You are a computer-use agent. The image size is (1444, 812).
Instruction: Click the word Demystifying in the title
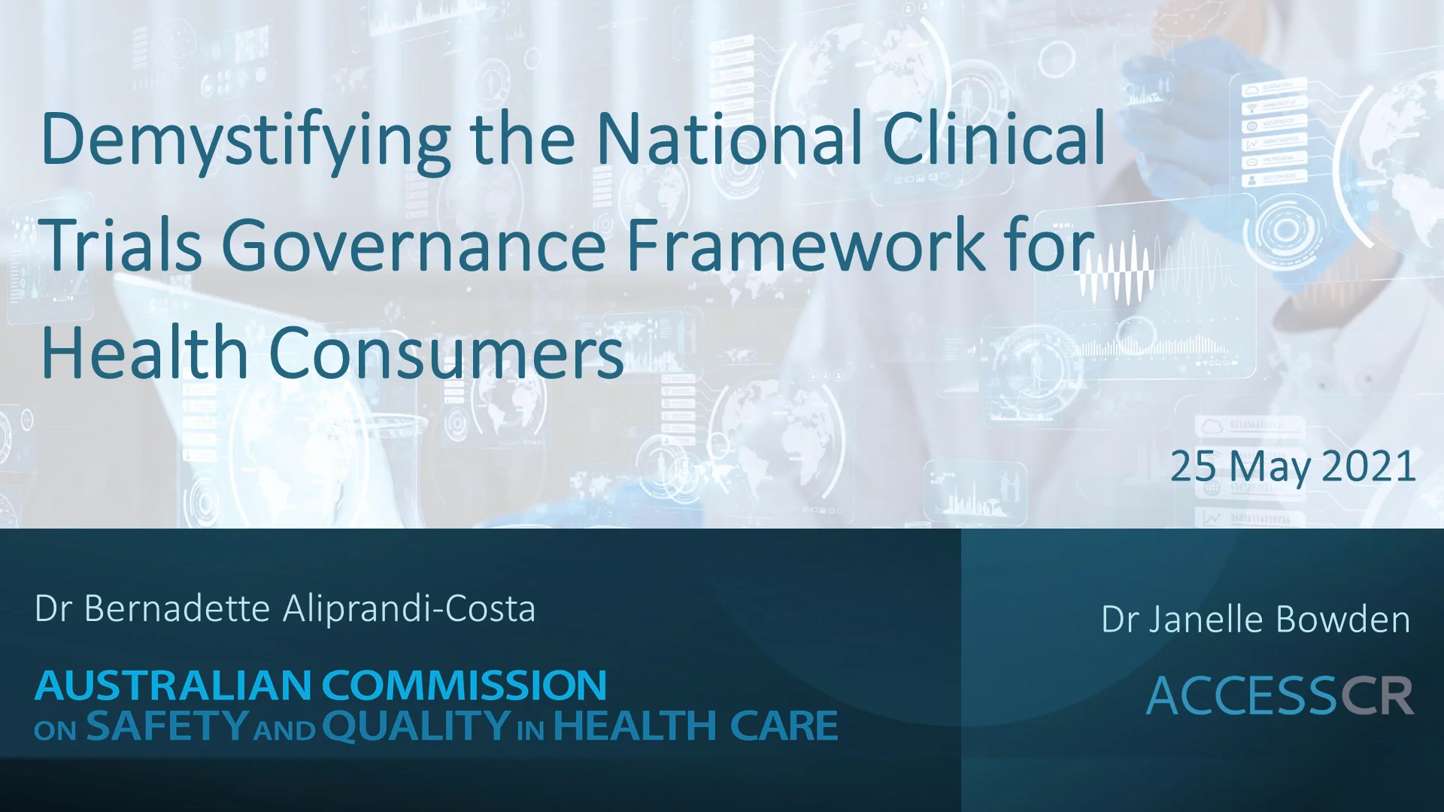246,141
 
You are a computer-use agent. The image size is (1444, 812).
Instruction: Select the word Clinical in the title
994,139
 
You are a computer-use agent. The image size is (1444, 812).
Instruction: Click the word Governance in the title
414,245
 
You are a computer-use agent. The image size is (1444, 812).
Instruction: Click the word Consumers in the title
446,353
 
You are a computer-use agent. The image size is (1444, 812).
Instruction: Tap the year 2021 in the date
1368,466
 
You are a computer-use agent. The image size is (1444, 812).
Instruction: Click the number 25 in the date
1193,466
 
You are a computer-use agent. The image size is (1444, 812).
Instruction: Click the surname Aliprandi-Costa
409,608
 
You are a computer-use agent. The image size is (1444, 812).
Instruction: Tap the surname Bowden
1343,620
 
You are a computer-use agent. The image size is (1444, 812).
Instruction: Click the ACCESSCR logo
1279,695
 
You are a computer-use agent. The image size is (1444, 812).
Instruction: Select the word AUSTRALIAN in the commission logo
173,685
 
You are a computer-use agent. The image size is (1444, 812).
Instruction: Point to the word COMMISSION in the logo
465,685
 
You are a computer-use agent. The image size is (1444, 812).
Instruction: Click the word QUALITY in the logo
417,726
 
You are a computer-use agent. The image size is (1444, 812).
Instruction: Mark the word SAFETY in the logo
167,726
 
